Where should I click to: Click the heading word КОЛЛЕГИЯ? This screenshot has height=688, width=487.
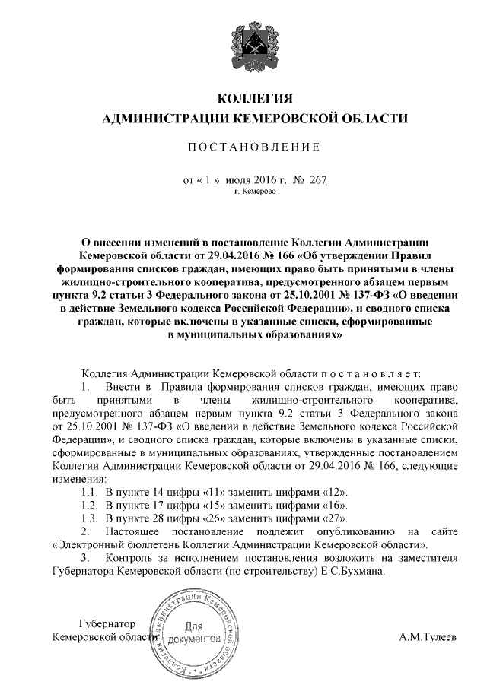255,100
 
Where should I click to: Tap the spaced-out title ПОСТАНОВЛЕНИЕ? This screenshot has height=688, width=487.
254,146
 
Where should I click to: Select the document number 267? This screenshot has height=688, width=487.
318,180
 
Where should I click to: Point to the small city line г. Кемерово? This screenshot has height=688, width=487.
255,192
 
